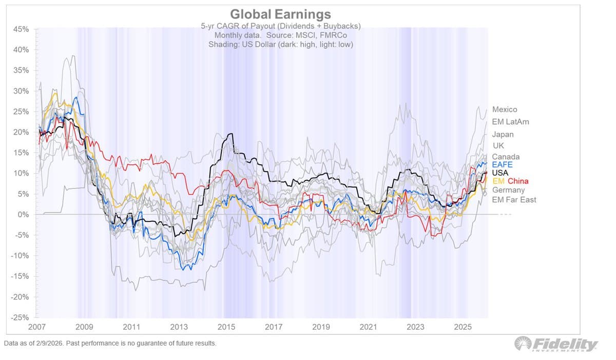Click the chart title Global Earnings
coord(280,14)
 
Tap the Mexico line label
coord(505,109)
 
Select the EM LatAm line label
coord(510,122)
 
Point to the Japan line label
coord(503,135)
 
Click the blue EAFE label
coord(502,165)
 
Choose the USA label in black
coord(500,173)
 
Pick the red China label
coord(518,181)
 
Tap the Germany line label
coord(508,190)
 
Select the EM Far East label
coord(514,199)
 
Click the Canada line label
coord(506,157)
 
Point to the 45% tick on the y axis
coord(21,29)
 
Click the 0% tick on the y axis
coord(23,215)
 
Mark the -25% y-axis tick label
coord(20,317)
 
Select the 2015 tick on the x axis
coord(226,327)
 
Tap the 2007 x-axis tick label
coord(39,327)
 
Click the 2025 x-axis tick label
coord(463,327)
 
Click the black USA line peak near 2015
coord(232,134)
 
